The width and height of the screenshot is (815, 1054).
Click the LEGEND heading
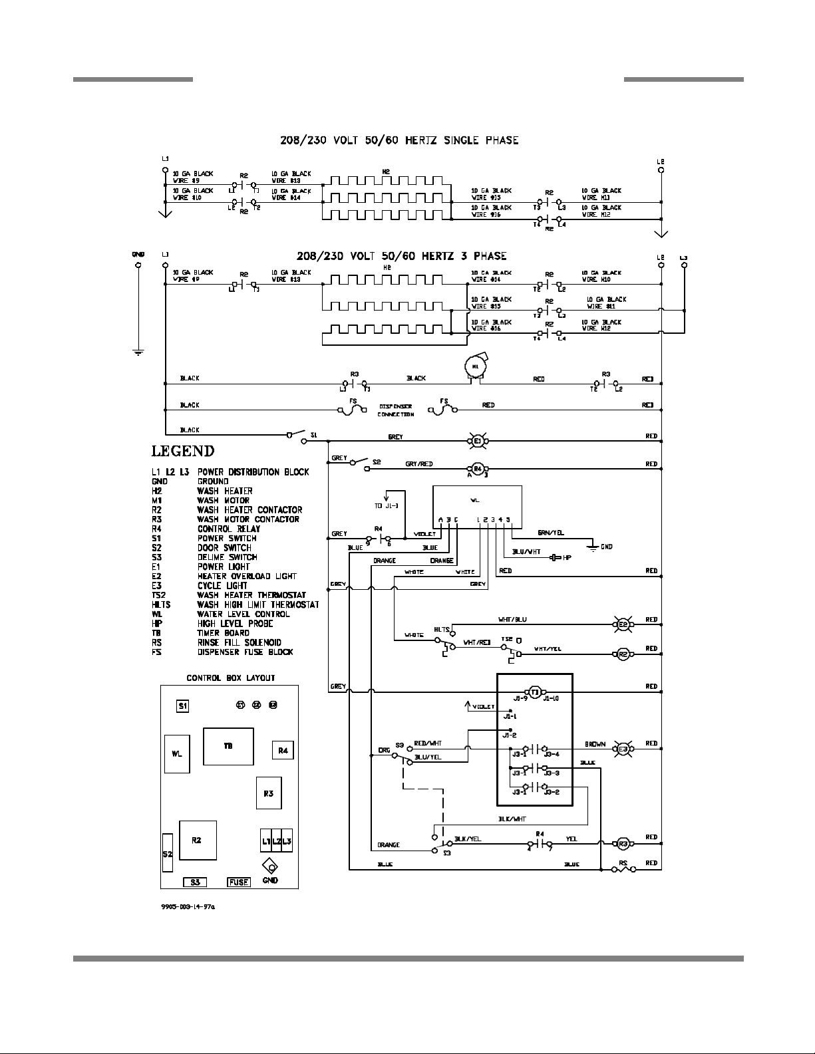[183, 452]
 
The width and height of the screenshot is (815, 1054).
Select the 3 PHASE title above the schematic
[401, 256]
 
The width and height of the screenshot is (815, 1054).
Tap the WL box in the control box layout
[177, 754]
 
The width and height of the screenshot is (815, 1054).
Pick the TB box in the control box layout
[228, 747]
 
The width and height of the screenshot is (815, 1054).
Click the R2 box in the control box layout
[196, 841]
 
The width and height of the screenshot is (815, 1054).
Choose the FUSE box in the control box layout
[238, 882]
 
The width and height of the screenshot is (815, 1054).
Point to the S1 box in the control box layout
[182, 706]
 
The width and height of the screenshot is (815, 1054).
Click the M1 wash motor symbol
[475, 366]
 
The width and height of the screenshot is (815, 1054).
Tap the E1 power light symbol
[476, 440]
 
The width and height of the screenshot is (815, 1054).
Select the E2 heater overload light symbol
[624, 624]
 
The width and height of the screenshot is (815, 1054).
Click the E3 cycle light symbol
[624, 748]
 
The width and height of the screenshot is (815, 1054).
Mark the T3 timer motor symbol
[535, 692]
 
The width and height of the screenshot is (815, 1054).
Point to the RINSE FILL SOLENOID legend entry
[239, 642]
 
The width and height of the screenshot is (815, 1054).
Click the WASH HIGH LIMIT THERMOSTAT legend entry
[257, 604]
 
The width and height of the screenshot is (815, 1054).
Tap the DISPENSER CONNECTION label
[396, 410]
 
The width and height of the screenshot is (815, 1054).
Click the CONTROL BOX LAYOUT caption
[230, 678]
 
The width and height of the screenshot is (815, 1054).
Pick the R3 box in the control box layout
[268, 793]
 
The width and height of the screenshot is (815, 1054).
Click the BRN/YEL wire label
[552, 533]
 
